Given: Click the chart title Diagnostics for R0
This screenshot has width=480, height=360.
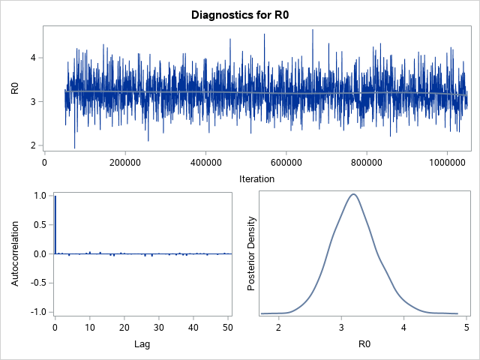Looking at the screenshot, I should tap(239, 14).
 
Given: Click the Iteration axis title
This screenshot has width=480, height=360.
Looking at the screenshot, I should tap(256, 179).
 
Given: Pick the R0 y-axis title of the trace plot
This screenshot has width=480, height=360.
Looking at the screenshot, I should tap(14, 88).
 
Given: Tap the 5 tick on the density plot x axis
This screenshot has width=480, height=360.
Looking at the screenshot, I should tap(466, 328).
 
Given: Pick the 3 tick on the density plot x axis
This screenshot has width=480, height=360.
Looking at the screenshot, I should tap(341, 328).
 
